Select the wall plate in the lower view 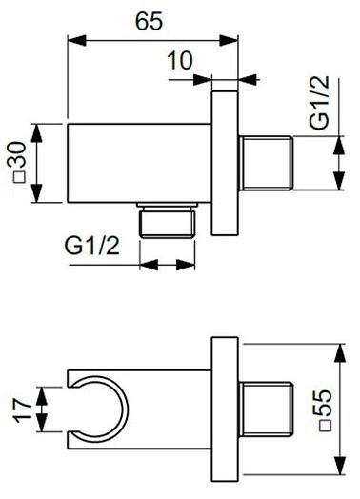pyautogui.click(x=224, y=408)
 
